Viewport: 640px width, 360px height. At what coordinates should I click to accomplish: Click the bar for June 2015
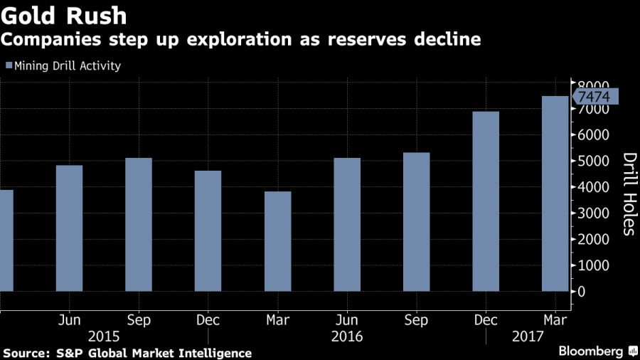click(69, 228)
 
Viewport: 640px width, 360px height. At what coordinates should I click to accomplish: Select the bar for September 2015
click(139, 224)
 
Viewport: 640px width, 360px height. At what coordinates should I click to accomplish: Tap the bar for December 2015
click(208, 231)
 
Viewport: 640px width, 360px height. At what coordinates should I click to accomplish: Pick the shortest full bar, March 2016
click(277, 241)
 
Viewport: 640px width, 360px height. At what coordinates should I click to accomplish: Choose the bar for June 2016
click(347, 224)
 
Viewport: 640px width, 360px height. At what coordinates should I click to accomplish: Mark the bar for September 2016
click(417, 222)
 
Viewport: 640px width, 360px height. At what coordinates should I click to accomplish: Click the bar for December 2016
click(486, 201)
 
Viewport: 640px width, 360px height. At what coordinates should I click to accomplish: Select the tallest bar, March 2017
click(555, 194)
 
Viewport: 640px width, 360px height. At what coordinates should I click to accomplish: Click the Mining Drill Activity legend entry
click(64, 66)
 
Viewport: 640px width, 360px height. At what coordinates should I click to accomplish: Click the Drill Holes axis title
click(629, 194)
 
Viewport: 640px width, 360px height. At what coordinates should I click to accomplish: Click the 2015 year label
click(104, 335)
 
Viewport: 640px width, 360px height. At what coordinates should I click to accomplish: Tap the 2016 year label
click(347, 335)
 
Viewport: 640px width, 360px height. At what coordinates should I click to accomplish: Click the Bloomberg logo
click(596, 351)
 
